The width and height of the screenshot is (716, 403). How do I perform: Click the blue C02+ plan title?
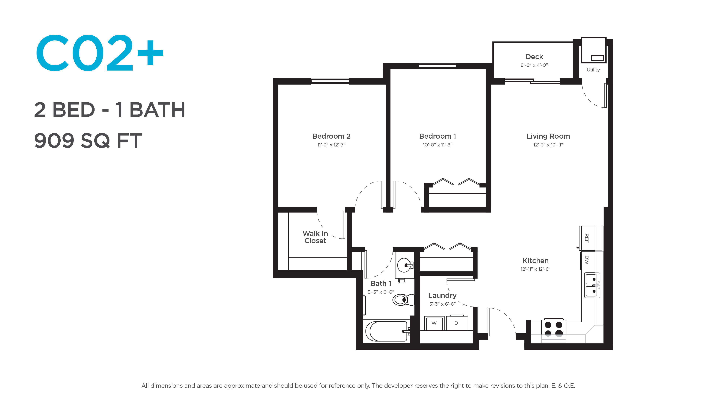99,53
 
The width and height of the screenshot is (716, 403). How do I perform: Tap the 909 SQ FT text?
88,140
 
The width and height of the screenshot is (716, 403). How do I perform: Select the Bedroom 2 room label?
331,136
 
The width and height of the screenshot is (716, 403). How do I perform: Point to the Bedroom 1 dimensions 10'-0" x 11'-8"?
437,145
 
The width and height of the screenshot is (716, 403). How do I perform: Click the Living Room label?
548,136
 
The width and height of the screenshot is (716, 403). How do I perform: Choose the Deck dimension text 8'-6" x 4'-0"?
534,65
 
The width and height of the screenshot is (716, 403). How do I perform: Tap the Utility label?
593,70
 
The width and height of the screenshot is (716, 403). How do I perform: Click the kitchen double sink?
592,285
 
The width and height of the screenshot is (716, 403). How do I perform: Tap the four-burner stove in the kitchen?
553,330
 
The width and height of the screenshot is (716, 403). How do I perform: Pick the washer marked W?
434,323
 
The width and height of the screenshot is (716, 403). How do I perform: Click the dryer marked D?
457,323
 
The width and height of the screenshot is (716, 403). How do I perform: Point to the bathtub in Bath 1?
386,331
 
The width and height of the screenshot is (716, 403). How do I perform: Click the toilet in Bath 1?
403,300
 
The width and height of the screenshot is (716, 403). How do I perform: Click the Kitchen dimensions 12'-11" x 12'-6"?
535,269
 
